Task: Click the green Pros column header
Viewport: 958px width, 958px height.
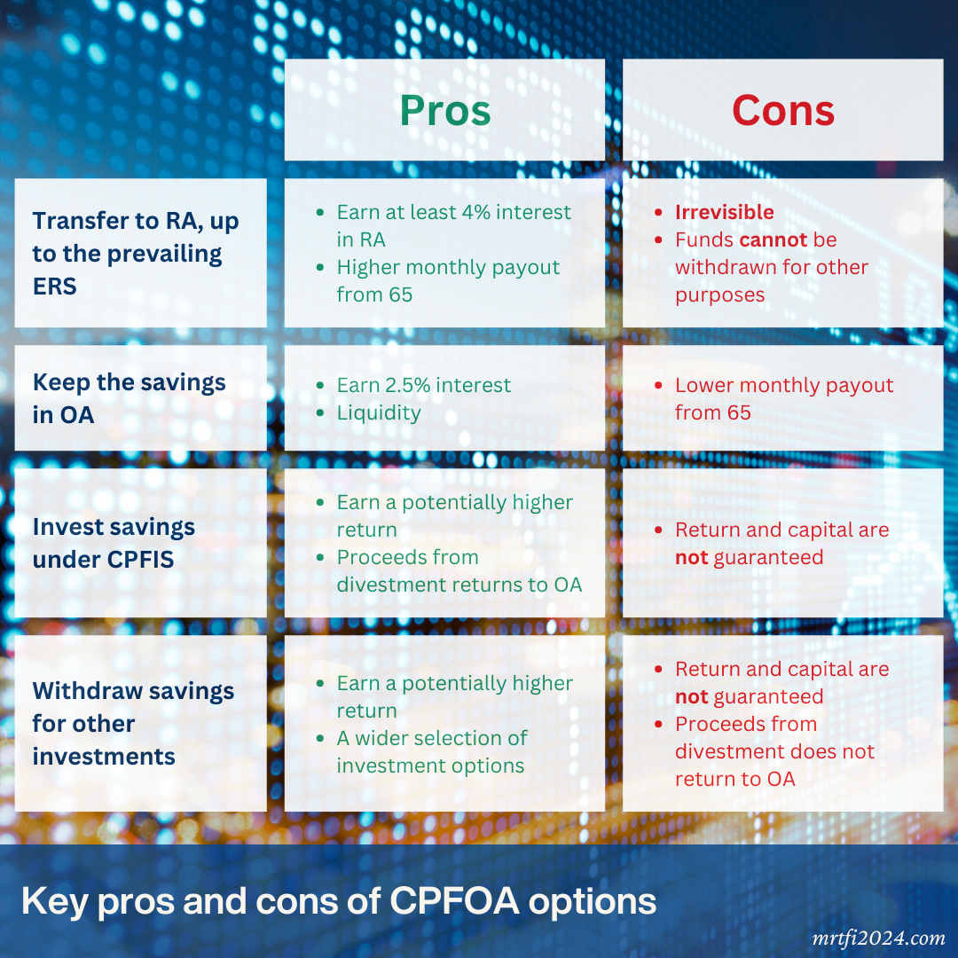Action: (444, 111)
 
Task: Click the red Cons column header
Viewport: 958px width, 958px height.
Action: (782, 111)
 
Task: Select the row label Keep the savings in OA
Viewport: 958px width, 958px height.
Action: (130, 398)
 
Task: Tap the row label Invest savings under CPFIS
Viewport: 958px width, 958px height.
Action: (114, 543)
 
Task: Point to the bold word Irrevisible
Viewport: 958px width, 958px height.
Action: (724, 212)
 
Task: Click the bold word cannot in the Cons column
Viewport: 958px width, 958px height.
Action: (773, 239)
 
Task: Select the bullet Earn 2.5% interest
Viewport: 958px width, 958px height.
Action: (423, 386)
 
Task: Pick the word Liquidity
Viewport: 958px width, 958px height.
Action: (379, 413)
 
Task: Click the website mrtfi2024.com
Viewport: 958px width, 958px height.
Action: (879, 938)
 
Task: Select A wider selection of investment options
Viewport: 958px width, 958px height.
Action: (431, 751)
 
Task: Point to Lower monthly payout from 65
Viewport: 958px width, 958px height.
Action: (783, 398)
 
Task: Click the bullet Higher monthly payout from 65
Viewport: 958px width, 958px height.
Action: (447, 280)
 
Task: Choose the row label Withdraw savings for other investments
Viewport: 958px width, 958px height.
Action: (133, 724)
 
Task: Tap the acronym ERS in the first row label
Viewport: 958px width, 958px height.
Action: (55, 286)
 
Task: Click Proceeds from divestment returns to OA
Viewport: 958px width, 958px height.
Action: (459, 571)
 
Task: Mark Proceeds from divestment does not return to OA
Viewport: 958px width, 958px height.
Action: (773, 751)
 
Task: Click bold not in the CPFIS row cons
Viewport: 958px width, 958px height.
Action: (691, 557)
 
